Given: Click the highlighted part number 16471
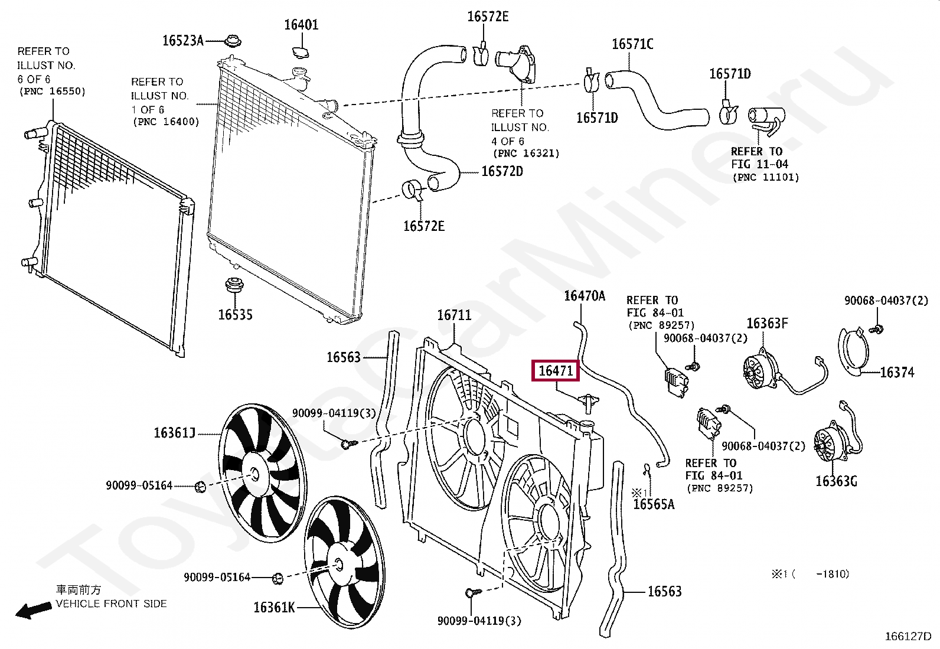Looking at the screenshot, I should point(556,371).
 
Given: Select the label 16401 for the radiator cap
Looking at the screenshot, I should point(301,25).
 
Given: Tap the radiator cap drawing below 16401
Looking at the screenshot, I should point(301,52).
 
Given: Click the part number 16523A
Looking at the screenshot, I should point(182,40).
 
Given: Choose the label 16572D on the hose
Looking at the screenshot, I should point(502,171).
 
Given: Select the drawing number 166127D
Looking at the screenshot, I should point(908,637).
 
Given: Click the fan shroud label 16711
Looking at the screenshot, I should point(454,315).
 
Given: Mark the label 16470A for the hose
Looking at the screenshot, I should point(585,295).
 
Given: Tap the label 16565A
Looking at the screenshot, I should point(653,504).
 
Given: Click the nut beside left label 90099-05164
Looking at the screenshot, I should point(200,487).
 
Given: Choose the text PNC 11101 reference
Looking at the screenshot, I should point(765,177).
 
